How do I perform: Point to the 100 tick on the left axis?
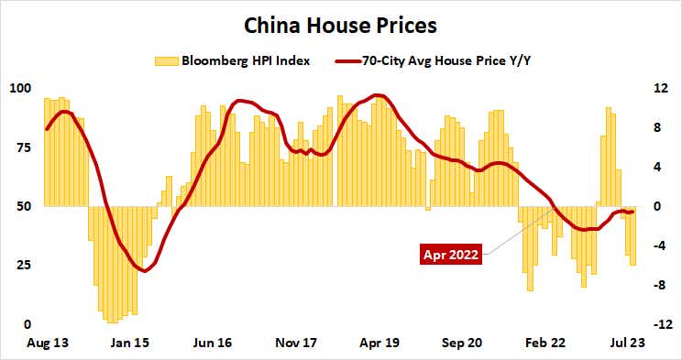point(20,89)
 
